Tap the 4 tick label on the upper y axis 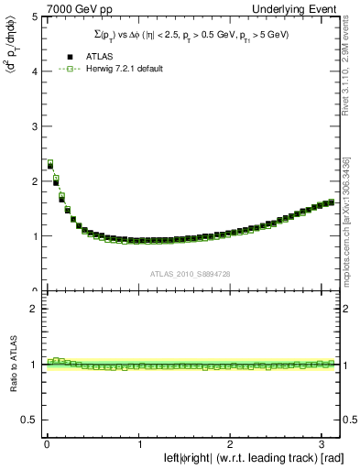tap(33, 71)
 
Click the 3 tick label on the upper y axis tap(33, 126)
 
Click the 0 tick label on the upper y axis tap(33, 290)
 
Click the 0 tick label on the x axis tap(47, 444)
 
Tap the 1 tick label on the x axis tap(138, 444)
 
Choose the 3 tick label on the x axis tap(323, 444)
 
